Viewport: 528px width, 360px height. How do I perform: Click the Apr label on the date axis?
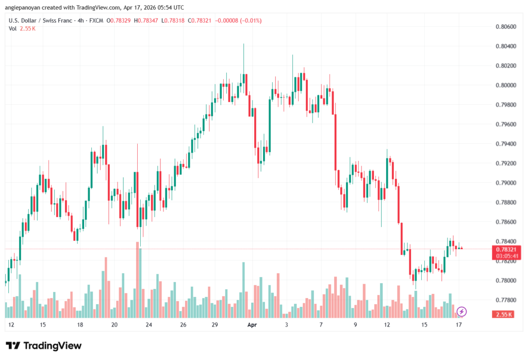(x=252, y=325)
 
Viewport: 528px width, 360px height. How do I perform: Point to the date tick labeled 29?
(x=216, y=325)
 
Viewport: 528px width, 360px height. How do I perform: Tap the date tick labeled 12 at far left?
(x=11, y=325)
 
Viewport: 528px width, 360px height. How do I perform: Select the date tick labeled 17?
(x=458, y=325)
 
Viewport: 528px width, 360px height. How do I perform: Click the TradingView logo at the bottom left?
(x=44, y=346)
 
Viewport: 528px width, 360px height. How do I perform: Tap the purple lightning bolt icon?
(x=462, y=311)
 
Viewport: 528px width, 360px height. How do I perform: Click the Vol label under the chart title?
(x=12, y=28)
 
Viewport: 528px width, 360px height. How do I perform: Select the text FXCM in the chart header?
(x=96, y=21)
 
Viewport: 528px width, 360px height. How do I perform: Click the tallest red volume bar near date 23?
(x=138, y=279)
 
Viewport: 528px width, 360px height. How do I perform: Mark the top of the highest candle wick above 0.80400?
(x=243, y=44)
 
